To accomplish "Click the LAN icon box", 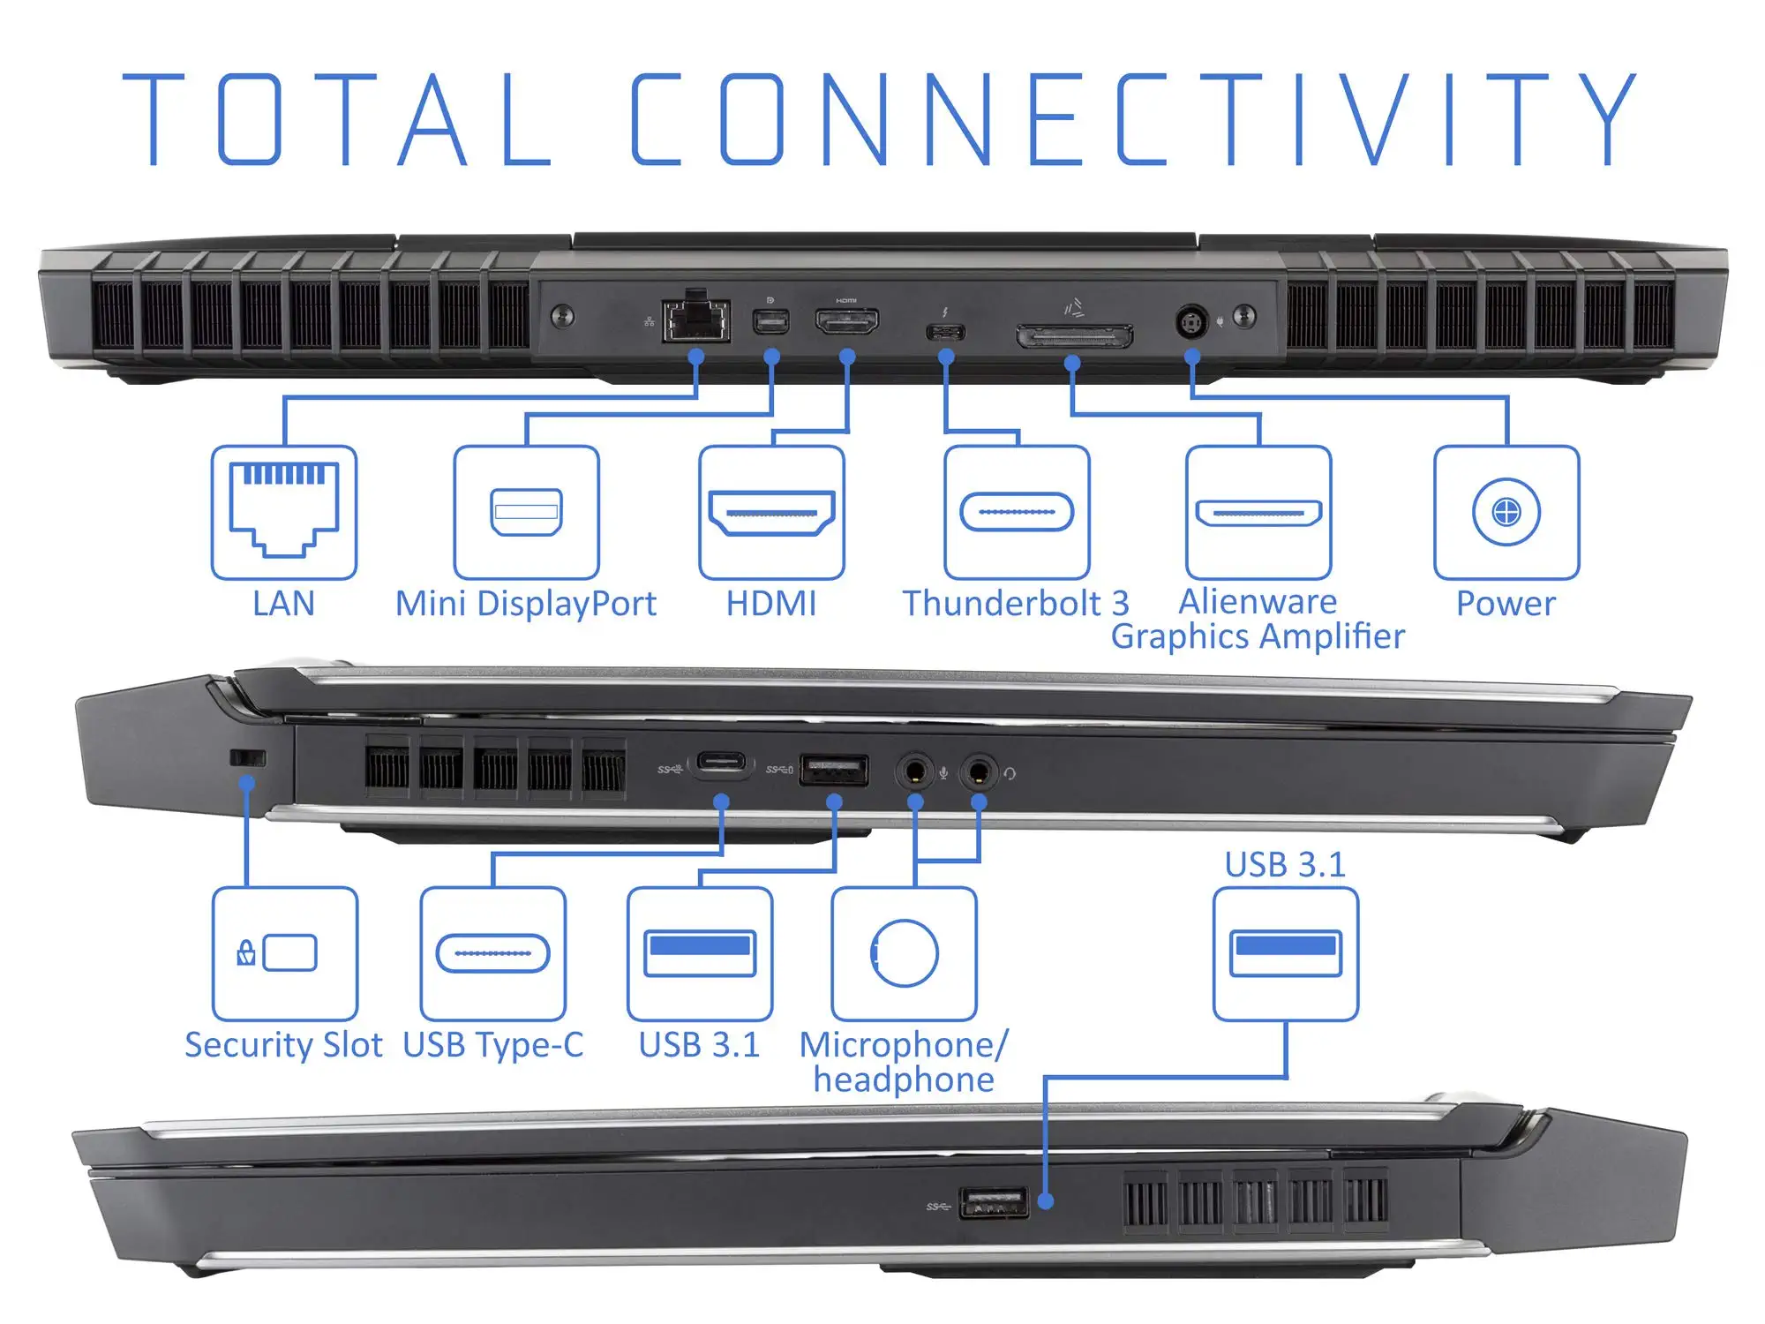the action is click(x=283, y=512).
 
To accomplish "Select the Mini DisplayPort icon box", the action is click(x=526, y=512).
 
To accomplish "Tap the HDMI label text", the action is click(x=771, y=604).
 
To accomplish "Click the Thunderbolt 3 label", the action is click(x=1016, y=604).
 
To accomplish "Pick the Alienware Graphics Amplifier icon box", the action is click(x=1258, y=512).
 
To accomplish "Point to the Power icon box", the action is click(x=1506, y=512).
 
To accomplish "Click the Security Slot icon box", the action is click(x=285, y=954).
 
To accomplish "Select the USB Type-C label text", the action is click(x=493, y=1045).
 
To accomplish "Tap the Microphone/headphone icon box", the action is click(x=904, y=954).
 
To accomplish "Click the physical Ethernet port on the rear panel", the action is click(x=696, y=319).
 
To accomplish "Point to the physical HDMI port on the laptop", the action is click(x=846, y=321).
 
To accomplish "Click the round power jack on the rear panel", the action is click(x=1191, y=321).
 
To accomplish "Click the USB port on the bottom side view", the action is click(x=994, y=1202).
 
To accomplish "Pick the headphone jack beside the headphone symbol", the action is click(x=978, y=772).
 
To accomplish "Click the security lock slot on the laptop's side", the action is click(x=247, y=757).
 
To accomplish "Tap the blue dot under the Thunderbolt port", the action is click(x=946, y=357).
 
